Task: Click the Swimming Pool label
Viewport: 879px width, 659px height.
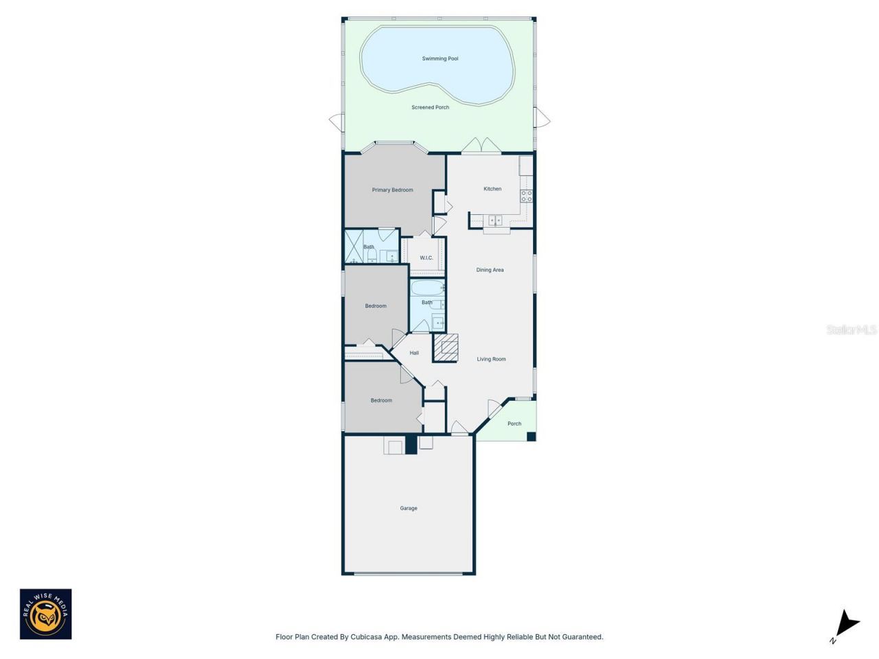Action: [x=440, y=59]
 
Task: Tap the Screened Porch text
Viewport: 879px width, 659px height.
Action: [x=431, y=108]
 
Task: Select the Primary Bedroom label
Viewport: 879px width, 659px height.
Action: [x=393, y=190]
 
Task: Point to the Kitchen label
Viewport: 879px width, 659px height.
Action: [x=492, y=189]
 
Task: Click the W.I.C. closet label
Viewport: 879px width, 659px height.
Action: [x=426, y=258]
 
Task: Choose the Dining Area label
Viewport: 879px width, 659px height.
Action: [x=490, y=270]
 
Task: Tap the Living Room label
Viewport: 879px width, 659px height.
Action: [x=491, y=360]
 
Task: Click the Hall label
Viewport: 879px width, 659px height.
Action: [x=414, y=354]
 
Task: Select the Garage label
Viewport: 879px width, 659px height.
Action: [x=409, y=509]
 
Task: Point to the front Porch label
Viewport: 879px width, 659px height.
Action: [x=514, y=424]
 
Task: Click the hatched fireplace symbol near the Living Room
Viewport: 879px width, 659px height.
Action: [x=446, y=348]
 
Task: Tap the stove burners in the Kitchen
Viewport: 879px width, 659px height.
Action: [x=526, y=196]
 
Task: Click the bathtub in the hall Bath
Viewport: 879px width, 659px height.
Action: [x=427, y=287]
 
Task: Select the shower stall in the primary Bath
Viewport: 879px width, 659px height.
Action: [x=354, y=246]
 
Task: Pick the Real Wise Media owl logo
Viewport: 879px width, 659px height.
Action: [x=45, y=614]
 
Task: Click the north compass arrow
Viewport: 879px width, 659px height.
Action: [x=847, y=624]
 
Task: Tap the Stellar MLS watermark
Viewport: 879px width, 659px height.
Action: [x=852, y=330]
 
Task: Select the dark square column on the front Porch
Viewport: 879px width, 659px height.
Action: [x=531, y=436]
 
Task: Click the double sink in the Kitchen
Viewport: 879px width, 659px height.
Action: [x=495, y=220]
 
